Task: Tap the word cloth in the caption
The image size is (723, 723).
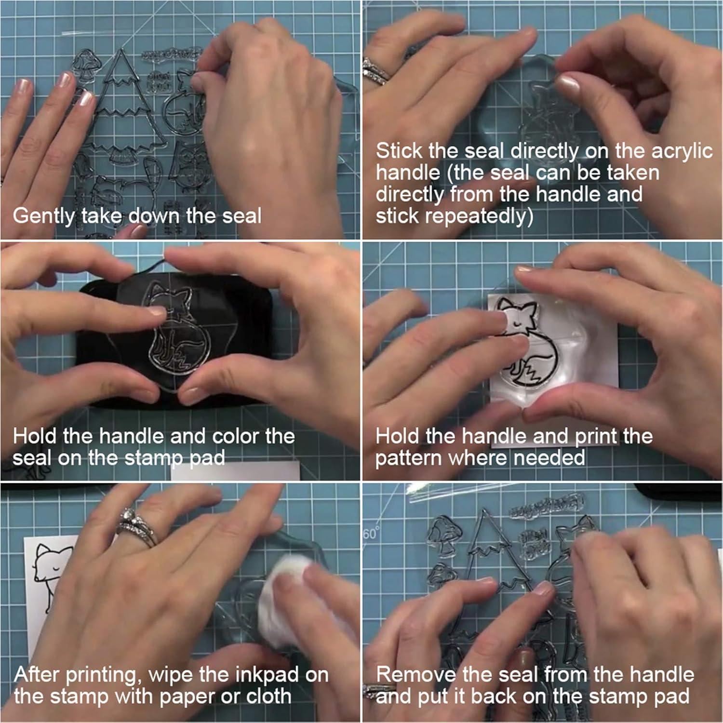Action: pyautogui.click(x=268, y=696)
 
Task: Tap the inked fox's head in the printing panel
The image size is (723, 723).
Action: pyautogui.click(x=518, y=313)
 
